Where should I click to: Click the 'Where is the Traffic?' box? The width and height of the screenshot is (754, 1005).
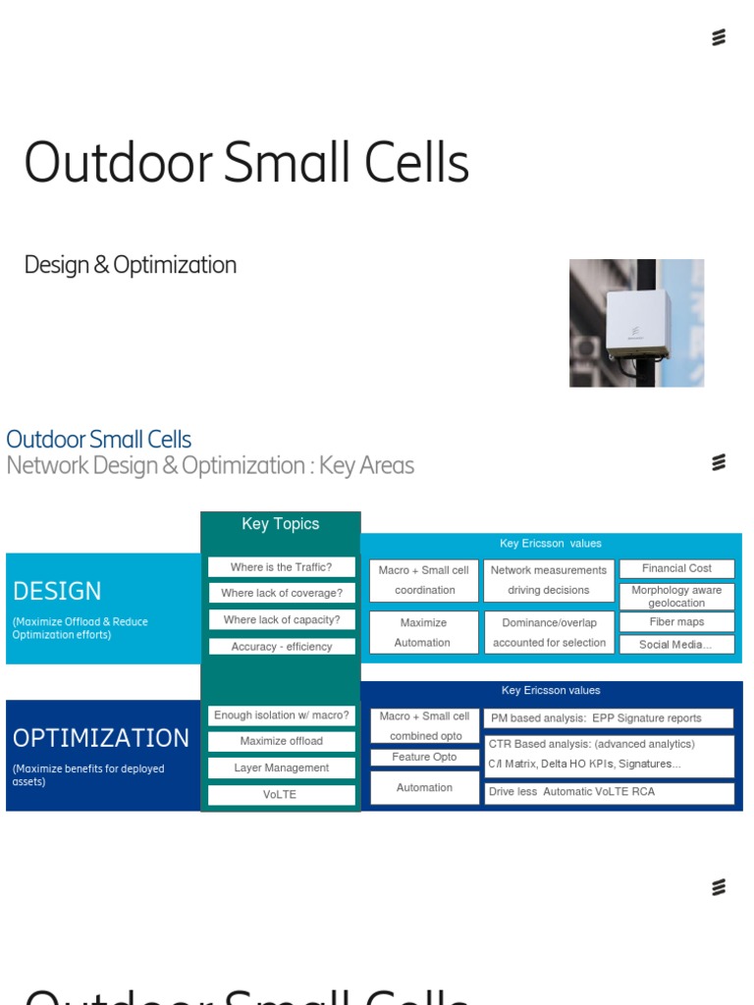point(281,567)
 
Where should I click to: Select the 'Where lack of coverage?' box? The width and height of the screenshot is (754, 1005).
point(281,593)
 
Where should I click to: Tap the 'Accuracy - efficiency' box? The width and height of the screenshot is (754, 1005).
point(281,647)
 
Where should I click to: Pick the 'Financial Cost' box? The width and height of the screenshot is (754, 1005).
point(676,568)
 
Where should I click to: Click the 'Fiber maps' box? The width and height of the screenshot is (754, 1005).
point(676,621)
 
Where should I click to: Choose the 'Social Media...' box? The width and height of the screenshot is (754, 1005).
point(676,645)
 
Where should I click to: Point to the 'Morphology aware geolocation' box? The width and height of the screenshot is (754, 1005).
point(676,596)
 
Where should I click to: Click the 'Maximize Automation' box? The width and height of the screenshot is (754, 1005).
point(423,632)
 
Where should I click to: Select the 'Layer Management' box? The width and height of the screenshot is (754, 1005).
point(281,767)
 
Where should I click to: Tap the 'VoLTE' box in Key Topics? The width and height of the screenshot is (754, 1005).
point(281,795)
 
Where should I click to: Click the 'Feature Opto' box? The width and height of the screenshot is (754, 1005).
point(424,757)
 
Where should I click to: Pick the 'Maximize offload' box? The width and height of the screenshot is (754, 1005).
point(281,741)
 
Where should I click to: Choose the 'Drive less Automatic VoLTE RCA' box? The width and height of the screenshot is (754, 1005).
point(609,792)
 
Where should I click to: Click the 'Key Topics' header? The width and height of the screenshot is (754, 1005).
point(281,524)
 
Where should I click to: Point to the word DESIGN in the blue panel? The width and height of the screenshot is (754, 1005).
point(57,591)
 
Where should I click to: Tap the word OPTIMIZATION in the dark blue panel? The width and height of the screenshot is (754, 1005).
point(101,738)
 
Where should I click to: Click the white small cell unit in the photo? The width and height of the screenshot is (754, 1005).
point(636,324)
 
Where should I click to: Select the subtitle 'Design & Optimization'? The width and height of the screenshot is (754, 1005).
point(131,265)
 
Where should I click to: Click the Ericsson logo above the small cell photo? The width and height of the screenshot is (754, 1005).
point(719,38)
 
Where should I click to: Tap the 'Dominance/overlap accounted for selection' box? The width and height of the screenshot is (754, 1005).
point(549,632)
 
